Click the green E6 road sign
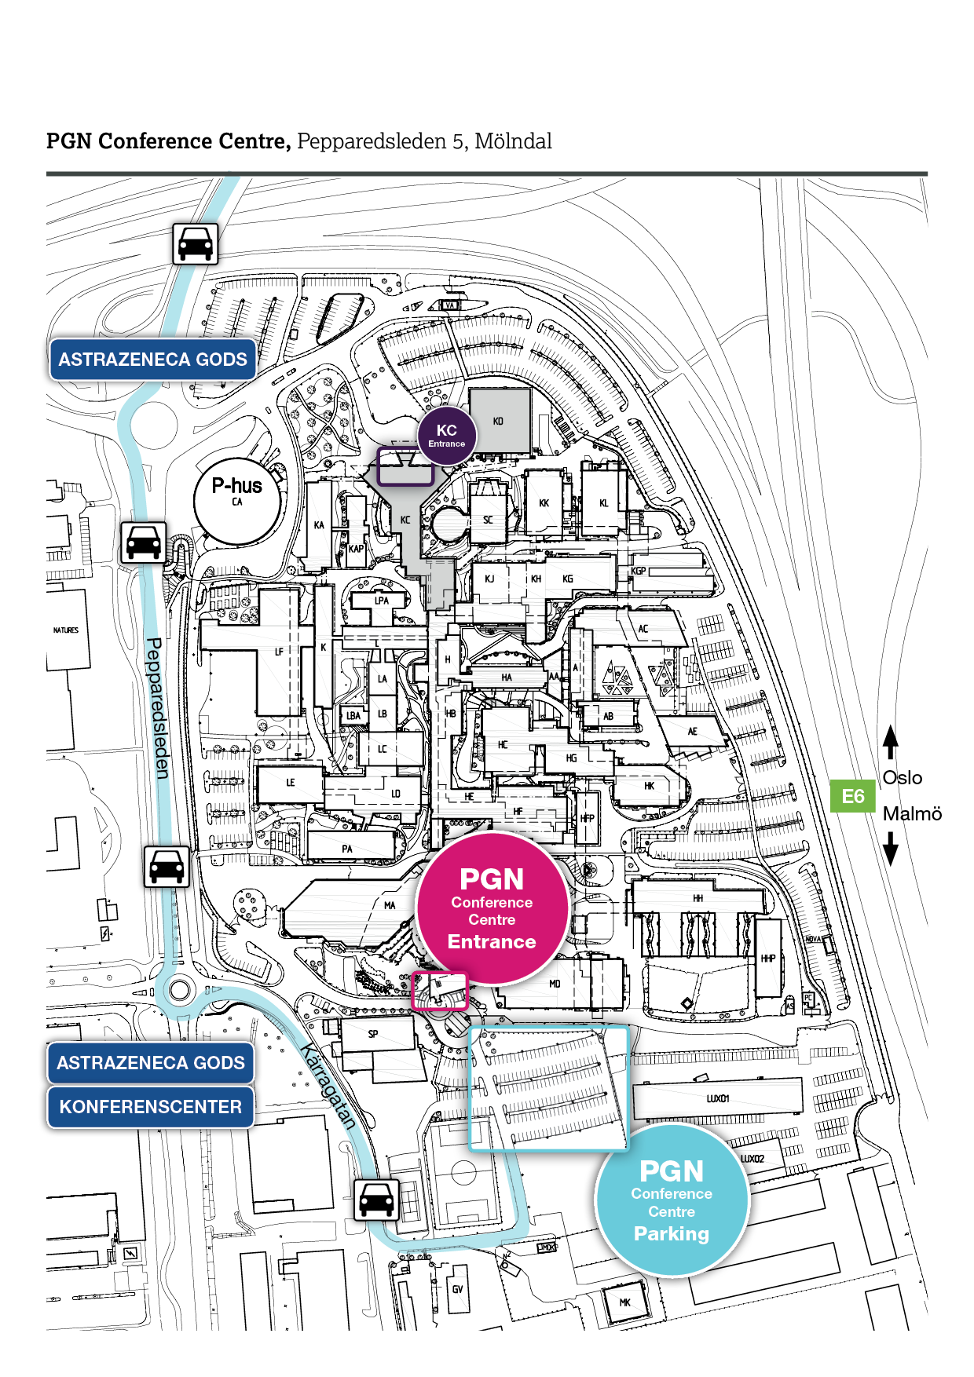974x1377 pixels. tap(853, 796)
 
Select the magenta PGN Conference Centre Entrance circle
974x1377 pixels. tap(492, 908)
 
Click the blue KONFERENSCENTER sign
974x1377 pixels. tap(151, 1107)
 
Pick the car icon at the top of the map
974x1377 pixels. tap(196, 243)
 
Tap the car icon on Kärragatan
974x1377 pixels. tap(376, 1200)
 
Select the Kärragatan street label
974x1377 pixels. tap(329, 1087)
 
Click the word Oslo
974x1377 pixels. tap(902, 778)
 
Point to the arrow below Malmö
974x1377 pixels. tap(890, 849)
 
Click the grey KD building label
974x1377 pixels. tap(498, 422)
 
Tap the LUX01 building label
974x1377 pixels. tap(718, 1098)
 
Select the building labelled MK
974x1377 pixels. tap(625, 1302)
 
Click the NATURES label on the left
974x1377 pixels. tap(66, 630)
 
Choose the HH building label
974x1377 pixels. tap(698, 898)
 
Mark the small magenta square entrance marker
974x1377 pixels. tap(440, 991)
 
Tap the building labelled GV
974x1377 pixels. tap(457, 1289)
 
